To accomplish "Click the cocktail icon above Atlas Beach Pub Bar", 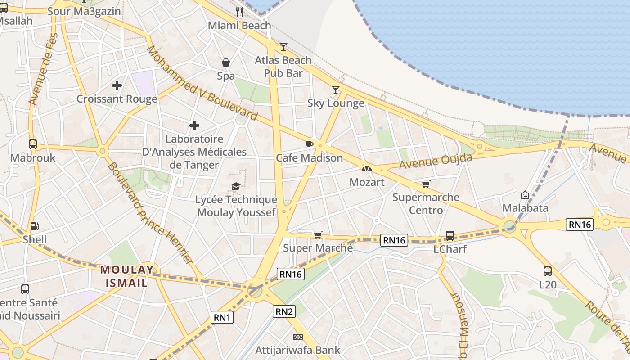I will (283, 46).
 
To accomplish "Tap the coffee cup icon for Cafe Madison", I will (309, 144).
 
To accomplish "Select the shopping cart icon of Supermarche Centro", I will (426, 184).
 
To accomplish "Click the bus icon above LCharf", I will (450, 235).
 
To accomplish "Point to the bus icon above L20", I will (547, 271).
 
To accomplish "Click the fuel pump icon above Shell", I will (34, 226).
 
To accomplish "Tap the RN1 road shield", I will (222, 317).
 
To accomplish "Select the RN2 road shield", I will (284, 311).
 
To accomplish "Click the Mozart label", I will (367, 182).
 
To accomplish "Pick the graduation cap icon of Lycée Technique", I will (236, 186).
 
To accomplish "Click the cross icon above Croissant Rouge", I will (117, 85).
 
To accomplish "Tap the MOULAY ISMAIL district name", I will (126, 276).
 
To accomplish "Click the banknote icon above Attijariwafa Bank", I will (297, 337).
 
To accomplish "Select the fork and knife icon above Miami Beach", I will (239, 12).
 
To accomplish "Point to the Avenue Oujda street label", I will (436, 161).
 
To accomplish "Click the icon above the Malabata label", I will (525, 195).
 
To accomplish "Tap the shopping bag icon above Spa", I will (226, 63).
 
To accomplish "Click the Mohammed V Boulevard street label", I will (202, 84).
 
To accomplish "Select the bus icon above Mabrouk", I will (32, 144).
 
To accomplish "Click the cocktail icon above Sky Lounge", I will (335, 90).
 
